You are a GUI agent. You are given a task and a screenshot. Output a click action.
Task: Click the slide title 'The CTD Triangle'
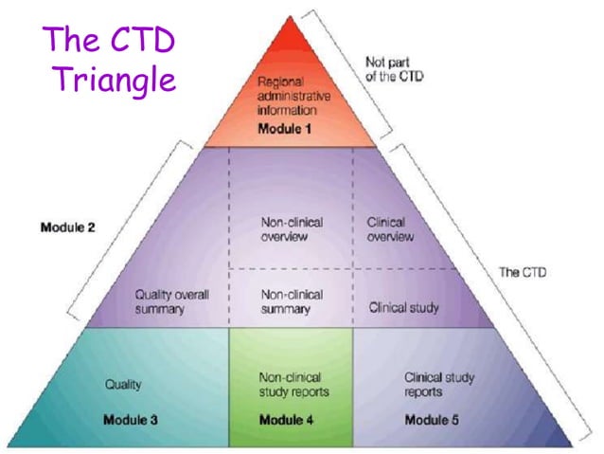111,60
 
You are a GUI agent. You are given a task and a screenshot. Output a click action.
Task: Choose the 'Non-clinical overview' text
292,228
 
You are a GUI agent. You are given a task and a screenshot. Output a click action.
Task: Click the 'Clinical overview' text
390,228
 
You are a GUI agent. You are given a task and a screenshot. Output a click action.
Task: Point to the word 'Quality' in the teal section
122,384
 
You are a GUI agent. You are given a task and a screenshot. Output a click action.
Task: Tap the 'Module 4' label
286,419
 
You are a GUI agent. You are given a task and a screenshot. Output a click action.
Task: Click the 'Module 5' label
432,419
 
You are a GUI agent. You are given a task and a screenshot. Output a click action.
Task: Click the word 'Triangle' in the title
115,79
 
